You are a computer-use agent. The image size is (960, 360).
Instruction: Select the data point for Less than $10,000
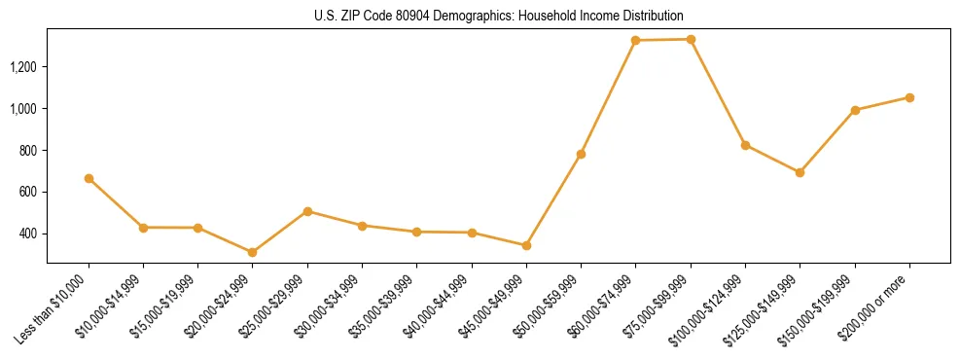[89, 178]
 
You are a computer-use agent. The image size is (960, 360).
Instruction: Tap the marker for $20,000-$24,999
[253, 252]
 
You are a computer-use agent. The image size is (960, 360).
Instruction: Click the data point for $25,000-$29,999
[307, 211]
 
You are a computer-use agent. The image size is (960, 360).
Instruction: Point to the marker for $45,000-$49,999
[526, 245]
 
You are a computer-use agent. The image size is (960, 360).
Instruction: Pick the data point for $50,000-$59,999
[581, 154]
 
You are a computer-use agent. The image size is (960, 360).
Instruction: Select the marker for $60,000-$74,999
[635, 40]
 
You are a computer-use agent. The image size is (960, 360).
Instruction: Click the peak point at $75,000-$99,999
[691, 39]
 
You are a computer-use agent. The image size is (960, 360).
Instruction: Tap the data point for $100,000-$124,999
[745, 145]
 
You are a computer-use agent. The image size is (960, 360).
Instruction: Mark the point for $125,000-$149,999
[800, 172]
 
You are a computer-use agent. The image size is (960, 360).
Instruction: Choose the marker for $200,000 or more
[909, 97]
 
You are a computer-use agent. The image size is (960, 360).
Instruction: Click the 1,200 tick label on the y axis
[24, 67]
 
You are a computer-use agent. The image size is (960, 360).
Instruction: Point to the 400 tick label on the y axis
[30, 234]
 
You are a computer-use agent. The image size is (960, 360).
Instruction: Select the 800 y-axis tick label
[30, 151]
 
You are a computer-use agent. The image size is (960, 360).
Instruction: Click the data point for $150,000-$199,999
[855, 110]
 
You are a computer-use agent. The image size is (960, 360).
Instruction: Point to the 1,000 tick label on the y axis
[24, 109]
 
